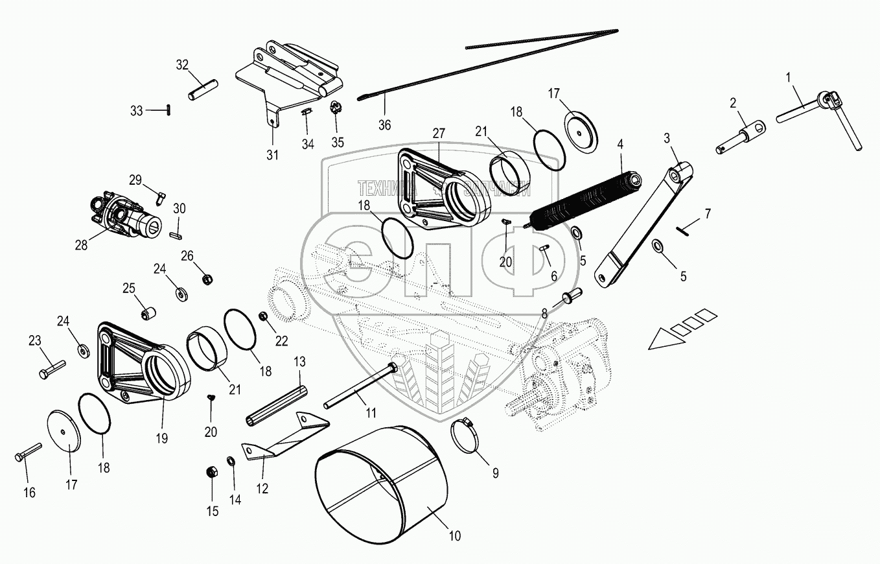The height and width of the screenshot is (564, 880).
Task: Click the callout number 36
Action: [385, 125]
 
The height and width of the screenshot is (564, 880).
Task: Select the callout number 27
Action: [439, 134]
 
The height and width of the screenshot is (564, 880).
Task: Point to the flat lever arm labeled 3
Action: [645, 224]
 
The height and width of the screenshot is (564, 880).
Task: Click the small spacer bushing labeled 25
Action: [150, 313]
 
